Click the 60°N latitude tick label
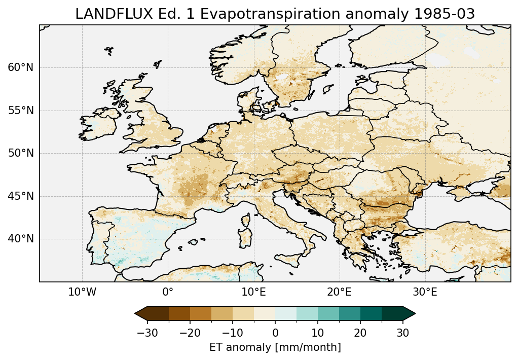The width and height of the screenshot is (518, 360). pyautogui.click(x=21, y=67)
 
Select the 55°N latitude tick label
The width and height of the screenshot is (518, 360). pyautogui.click(x=21, y=111)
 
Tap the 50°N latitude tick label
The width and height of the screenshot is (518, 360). pyautogui.click(x=21, y=153)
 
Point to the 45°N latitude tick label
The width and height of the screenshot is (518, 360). pyautogui.click(x=21, y=196)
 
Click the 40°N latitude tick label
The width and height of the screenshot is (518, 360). pyautogui.click(x=21, y=239)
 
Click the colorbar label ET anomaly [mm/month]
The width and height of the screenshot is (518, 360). pyautogui.click(x=275, y=347)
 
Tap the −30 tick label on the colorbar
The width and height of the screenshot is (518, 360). pyautogui.click(x=147, y=333)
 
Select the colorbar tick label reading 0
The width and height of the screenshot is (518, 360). pyautogui.click(x=275, y=333)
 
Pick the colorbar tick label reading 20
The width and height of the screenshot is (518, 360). pyautogui.click(x=360, y=333)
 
